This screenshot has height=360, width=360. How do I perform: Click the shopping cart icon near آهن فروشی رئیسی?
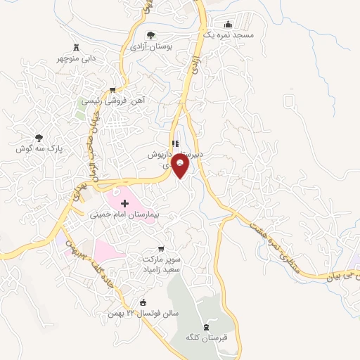112,90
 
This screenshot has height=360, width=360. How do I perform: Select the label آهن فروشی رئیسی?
111,101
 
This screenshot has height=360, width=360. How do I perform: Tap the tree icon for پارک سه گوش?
39,138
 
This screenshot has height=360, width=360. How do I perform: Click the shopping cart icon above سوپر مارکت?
161,249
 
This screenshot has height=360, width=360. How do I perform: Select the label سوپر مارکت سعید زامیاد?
161,264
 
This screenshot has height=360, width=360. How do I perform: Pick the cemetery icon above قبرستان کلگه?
206,326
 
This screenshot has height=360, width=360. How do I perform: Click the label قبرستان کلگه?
206,338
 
